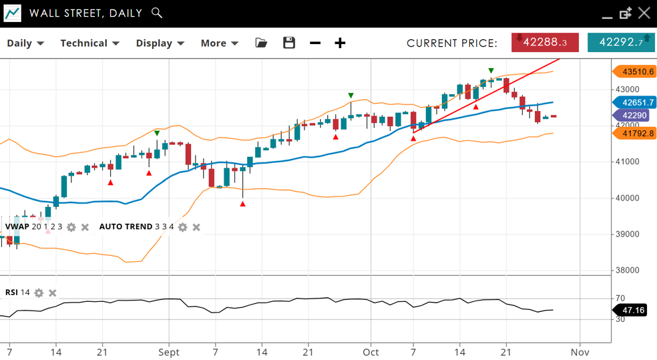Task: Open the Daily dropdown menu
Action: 25,43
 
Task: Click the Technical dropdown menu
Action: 89,43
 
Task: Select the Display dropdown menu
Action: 160,43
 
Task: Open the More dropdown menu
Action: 219,43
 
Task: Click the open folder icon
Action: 261,43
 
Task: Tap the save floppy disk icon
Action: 289,43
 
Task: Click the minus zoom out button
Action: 315,43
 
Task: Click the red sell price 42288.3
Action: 545,42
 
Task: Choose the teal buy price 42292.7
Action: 621,42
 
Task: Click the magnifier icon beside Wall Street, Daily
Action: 157,13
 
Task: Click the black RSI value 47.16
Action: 632,311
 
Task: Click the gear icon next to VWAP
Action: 71,227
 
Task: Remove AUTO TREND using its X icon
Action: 196,227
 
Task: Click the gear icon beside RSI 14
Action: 39,293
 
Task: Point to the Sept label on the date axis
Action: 169,352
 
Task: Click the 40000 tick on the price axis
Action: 628,198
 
